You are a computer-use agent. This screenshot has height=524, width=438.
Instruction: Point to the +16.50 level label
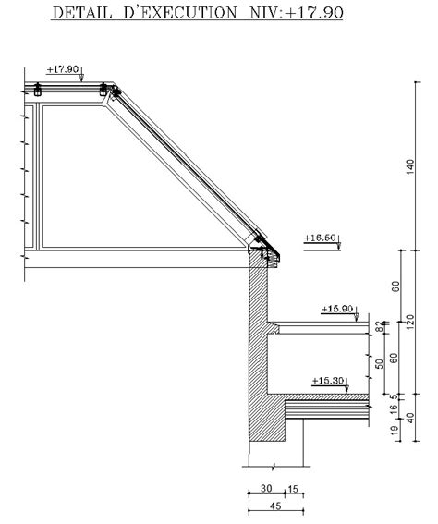(x=318, y=238)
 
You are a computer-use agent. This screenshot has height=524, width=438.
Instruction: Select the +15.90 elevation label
(x=336, y=309)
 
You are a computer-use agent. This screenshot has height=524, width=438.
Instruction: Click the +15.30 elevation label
(x=327, y=380)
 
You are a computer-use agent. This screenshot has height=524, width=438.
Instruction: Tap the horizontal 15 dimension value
(x=293, y=489)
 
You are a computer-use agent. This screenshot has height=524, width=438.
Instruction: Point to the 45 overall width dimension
(x=274, y=506)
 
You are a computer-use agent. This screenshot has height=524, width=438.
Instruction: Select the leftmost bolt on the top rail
(x=37, y=90)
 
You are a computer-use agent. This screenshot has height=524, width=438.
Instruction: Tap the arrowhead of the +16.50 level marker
(x=339, y=247)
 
